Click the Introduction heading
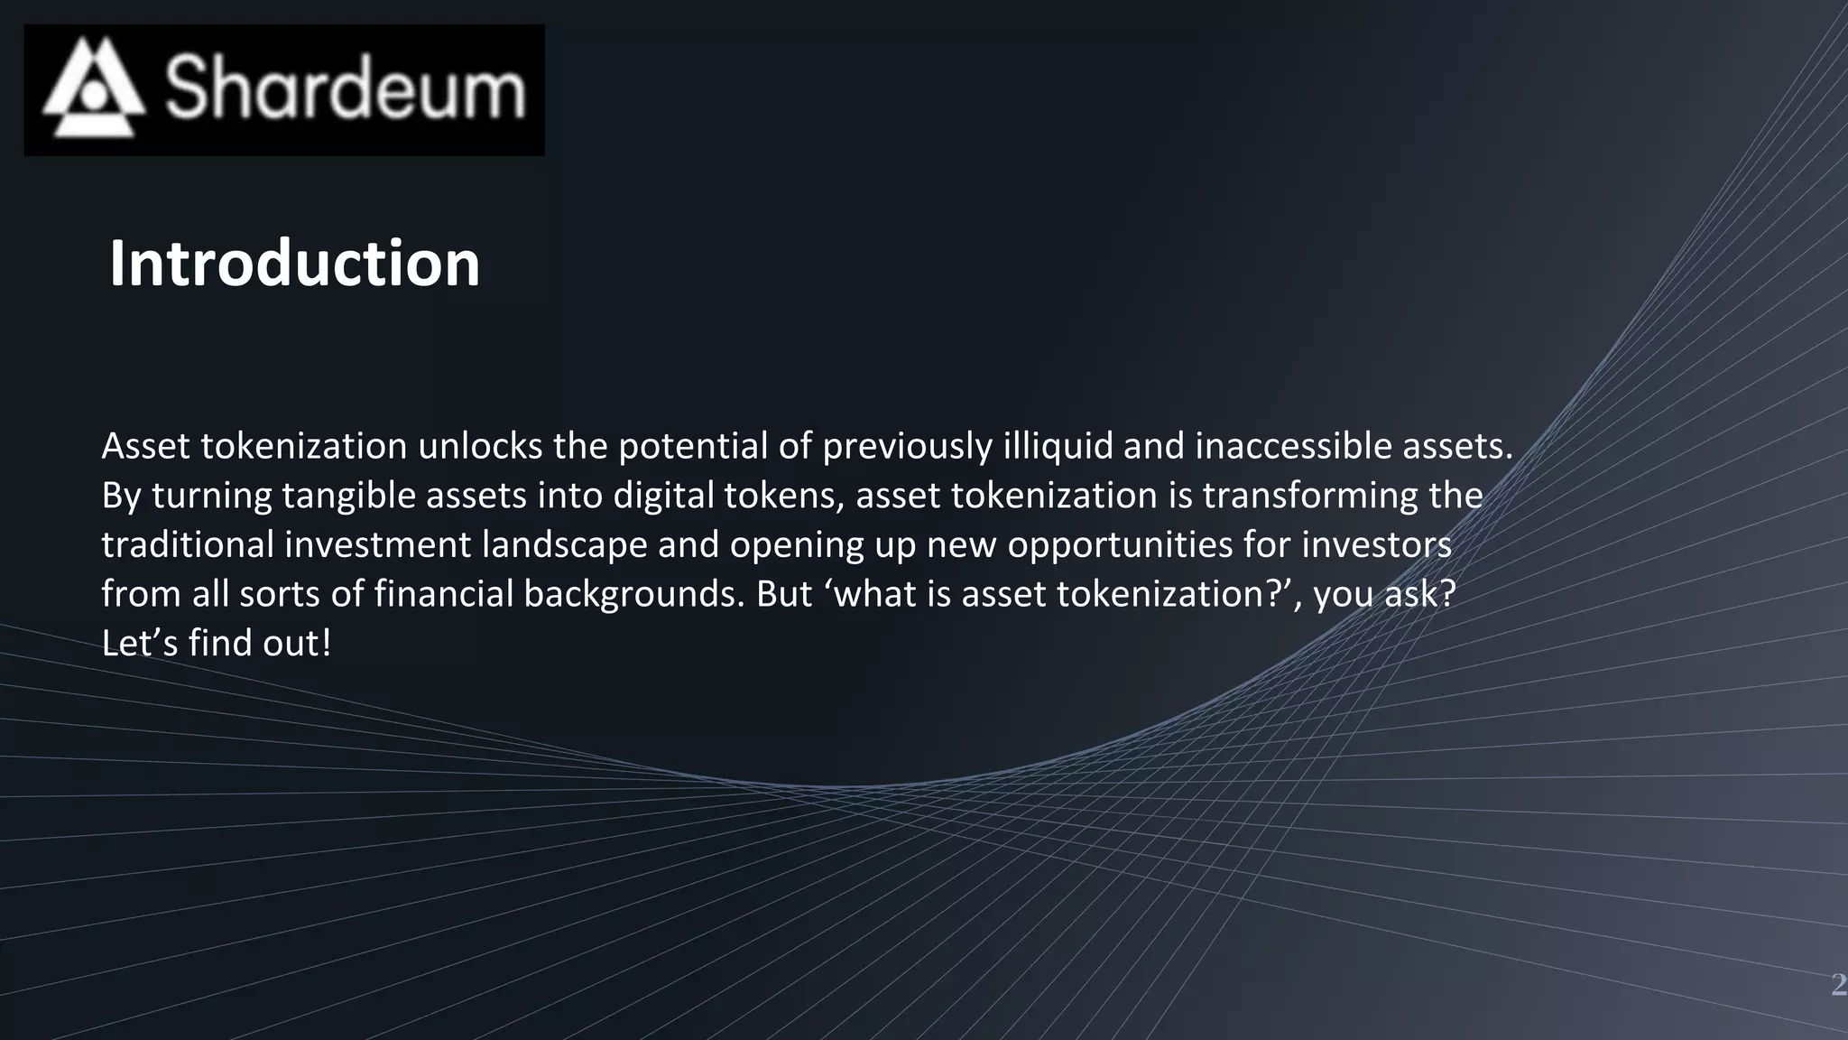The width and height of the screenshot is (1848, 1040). point(294,264)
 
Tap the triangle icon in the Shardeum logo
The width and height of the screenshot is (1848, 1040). point(93,88)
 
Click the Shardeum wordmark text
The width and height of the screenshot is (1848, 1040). point(345,88)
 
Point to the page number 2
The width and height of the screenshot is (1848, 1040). point(1838,984)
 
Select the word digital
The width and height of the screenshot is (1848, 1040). point(660,496)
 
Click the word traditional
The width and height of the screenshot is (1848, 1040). point(187,544)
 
